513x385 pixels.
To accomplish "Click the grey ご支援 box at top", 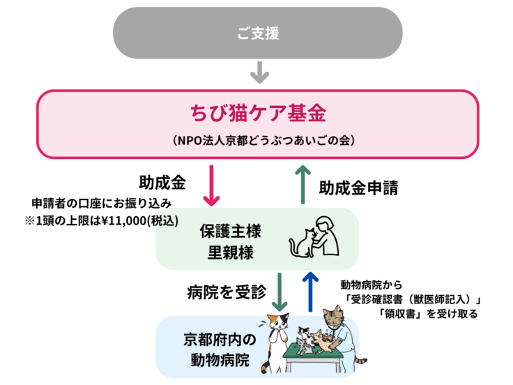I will (258, 33).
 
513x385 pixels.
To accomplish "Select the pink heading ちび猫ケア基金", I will (258, 113).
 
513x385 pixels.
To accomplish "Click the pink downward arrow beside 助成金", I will (212, 185).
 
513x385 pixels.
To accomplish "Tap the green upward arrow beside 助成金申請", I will (303, 185).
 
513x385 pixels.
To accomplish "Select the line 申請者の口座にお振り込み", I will (102, 203).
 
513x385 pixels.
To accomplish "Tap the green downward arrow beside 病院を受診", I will (279, 291).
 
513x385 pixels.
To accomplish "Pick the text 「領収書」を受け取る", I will (429, 313).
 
